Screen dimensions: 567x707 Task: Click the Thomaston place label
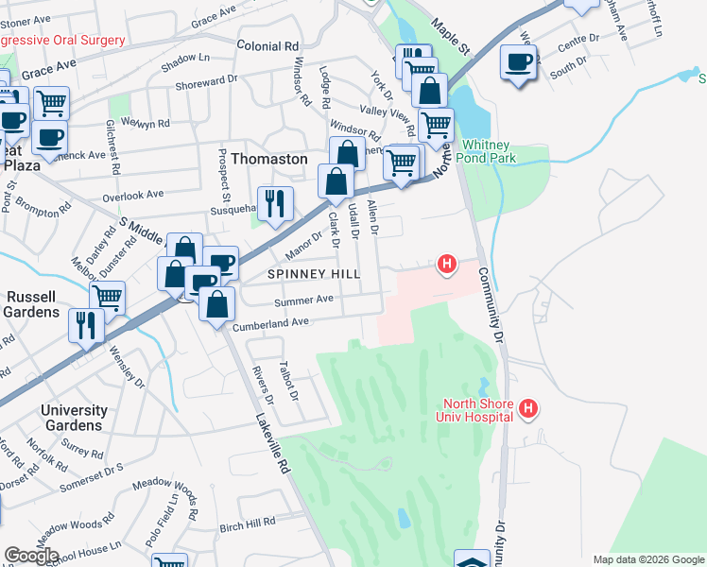point(269,159)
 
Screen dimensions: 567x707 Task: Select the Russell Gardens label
point(29,303)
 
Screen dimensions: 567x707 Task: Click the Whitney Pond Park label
point(489,152)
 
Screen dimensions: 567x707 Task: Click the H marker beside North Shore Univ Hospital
point(529,408)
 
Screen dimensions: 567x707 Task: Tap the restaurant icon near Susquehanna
point(276,202)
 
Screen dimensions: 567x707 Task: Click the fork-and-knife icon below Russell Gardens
point(86,324)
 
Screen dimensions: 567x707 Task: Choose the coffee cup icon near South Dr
point(518,62)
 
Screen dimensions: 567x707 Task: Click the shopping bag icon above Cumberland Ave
point(218,304)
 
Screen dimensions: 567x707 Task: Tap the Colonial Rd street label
point(267,45)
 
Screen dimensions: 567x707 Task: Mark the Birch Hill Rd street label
point(247,522)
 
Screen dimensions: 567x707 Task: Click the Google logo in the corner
point(31,556)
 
